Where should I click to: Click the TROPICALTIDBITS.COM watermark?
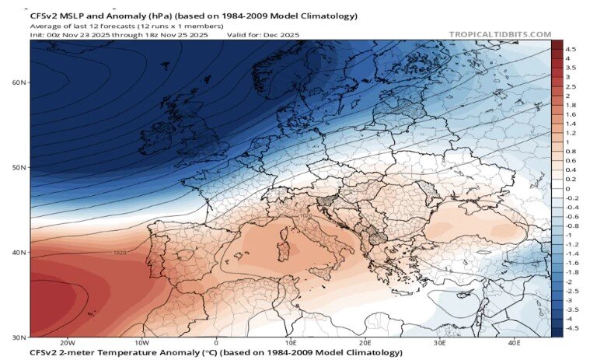(x=500, y=34)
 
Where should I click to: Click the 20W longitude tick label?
(x=67, y=343)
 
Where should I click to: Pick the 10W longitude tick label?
(x=141, y=343)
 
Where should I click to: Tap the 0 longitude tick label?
(x=216, y=343)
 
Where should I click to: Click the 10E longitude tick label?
(x=290, y=343)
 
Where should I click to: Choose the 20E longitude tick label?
(x=365, y=343)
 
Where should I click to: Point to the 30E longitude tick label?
(x=439, y=343)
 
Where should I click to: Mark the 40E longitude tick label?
(x=514, y=343)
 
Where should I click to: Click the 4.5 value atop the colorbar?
(x=571, y=48)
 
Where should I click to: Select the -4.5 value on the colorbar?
(x=572, y=329)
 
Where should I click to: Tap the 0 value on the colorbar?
(x=568, y=189)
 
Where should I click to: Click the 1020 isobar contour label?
(x=120, y=253)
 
